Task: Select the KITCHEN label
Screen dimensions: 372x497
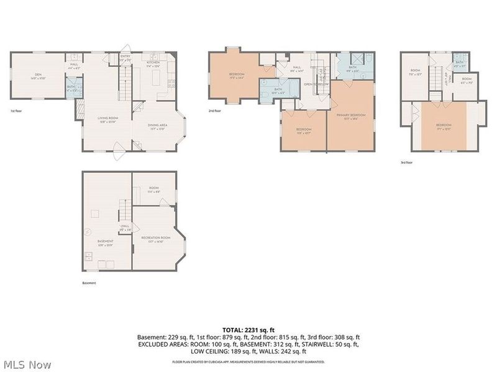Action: coord(153,64)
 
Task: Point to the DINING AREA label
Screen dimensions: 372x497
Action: coord(157,127)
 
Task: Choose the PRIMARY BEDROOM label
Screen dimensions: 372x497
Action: coord(352,116)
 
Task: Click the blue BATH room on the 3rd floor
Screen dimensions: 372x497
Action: coord(460,63)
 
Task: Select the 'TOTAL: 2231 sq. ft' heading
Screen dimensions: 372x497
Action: coord(248,329)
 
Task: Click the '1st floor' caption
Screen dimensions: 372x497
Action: coord(17,111)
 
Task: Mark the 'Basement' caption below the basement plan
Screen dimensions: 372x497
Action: coord(89,283)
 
